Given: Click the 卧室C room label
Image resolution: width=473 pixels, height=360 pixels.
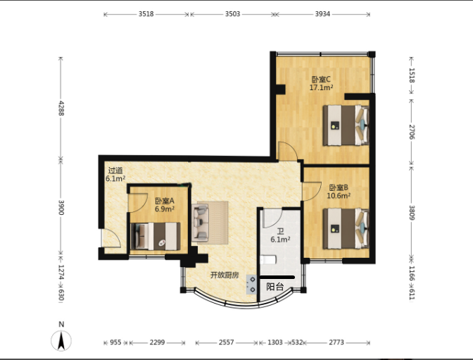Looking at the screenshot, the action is tap(321, 80).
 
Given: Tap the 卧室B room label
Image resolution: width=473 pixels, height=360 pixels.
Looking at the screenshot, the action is tap(339, 187).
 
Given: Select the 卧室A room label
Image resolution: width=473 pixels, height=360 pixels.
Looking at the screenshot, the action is tap(165, 201).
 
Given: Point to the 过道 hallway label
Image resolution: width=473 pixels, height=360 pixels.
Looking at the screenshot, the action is tap(115, 170).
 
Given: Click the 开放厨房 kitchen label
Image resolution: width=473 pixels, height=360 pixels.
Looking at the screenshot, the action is tap(225, 275).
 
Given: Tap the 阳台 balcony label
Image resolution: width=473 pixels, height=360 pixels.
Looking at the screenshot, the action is tap(275, 287).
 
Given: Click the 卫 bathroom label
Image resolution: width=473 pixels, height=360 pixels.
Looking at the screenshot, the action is tap(281, 232).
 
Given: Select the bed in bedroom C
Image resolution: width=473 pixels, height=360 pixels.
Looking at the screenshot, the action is tap(346, 125).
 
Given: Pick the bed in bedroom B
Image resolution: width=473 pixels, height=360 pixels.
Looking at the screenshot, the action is tap(346, 229).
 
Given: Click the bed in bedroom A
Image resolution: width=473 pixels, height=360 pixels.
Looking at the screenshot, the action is tap(156, 237).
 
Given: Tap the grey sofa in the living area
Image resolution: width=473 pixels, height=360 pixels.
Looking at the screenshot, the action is tap(201, 223).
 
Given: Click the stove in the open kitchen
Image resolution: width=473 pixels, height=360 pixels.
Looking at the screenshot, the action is tap(251, 285).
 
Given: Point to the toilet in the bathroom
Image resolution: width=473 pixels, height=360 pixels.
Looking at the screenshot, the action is tap(268, 260).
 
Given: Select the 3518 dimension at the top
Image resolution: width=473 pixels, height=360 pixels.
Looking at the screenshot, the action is tap(146, 14).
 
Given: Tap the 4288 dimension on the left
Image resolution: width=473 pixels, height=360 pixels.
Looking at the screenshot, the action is tap(61, 108).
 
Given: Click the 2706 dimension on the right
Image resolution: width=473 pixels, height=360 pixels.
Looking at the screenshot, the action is tap(412, 132).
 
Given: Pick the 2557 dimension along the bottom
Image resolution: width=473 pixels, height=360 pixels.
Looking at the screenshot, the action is tap(226, 342).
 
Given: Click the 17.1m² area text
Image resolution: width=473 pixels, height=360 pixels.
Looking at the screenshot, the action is tap(321, 87).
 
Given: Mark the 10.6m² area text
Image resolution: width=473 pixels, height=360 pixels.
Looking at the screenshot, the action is tap(339, 196).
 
